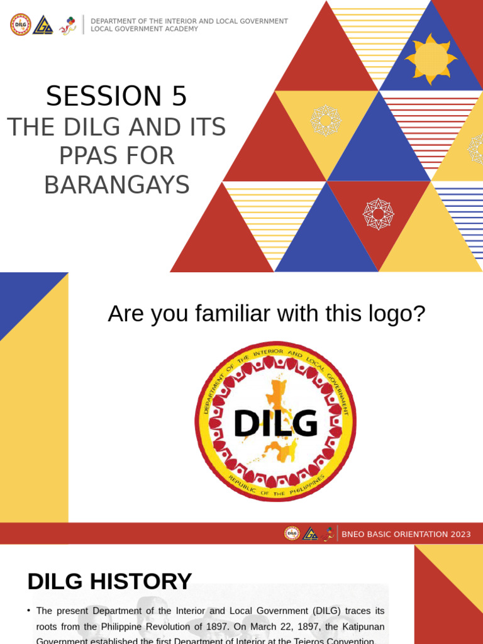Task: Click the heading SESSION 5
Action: point(116,96)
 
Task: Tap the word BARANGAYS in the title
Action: point(116,185)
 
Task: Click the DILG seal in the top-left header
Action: point(21,25)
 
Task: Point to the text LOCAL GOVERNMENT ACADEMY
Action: point(144,29)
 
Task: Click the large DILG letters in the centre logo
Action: point(275,423)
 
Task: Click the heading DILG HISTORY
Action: point(109,581)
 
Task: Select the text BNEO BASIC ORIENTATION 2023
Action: point(406,535)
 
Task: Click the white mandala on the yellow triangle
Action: point(326,120)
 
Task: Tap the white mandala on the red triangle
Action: point(378,214)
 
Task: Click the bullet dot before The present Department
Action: point(29,611)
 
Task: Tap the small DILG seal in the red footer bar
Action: point(292,533)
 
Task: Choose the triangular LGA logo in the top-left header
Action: point(43,25)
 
